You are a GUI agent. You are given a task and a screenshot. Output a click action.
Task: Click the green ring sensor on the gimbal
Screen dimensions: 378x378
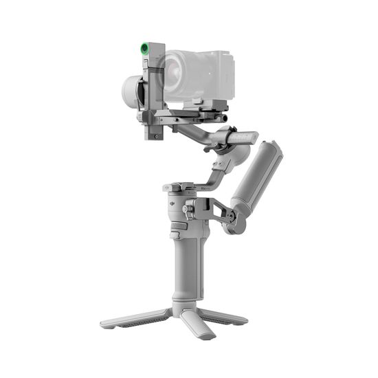click(144, 48)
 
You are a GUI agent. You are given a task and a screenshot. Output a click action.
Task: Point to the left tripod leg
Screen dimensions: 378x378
click(131, 318)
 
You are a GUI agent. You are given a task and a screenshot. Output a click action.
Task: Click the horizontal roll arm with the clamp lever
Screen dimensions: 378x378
click(199, 131)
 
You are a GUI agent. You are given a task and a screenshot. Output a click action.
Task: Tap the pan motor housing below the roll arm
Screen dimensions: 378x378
click(227, 162)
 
